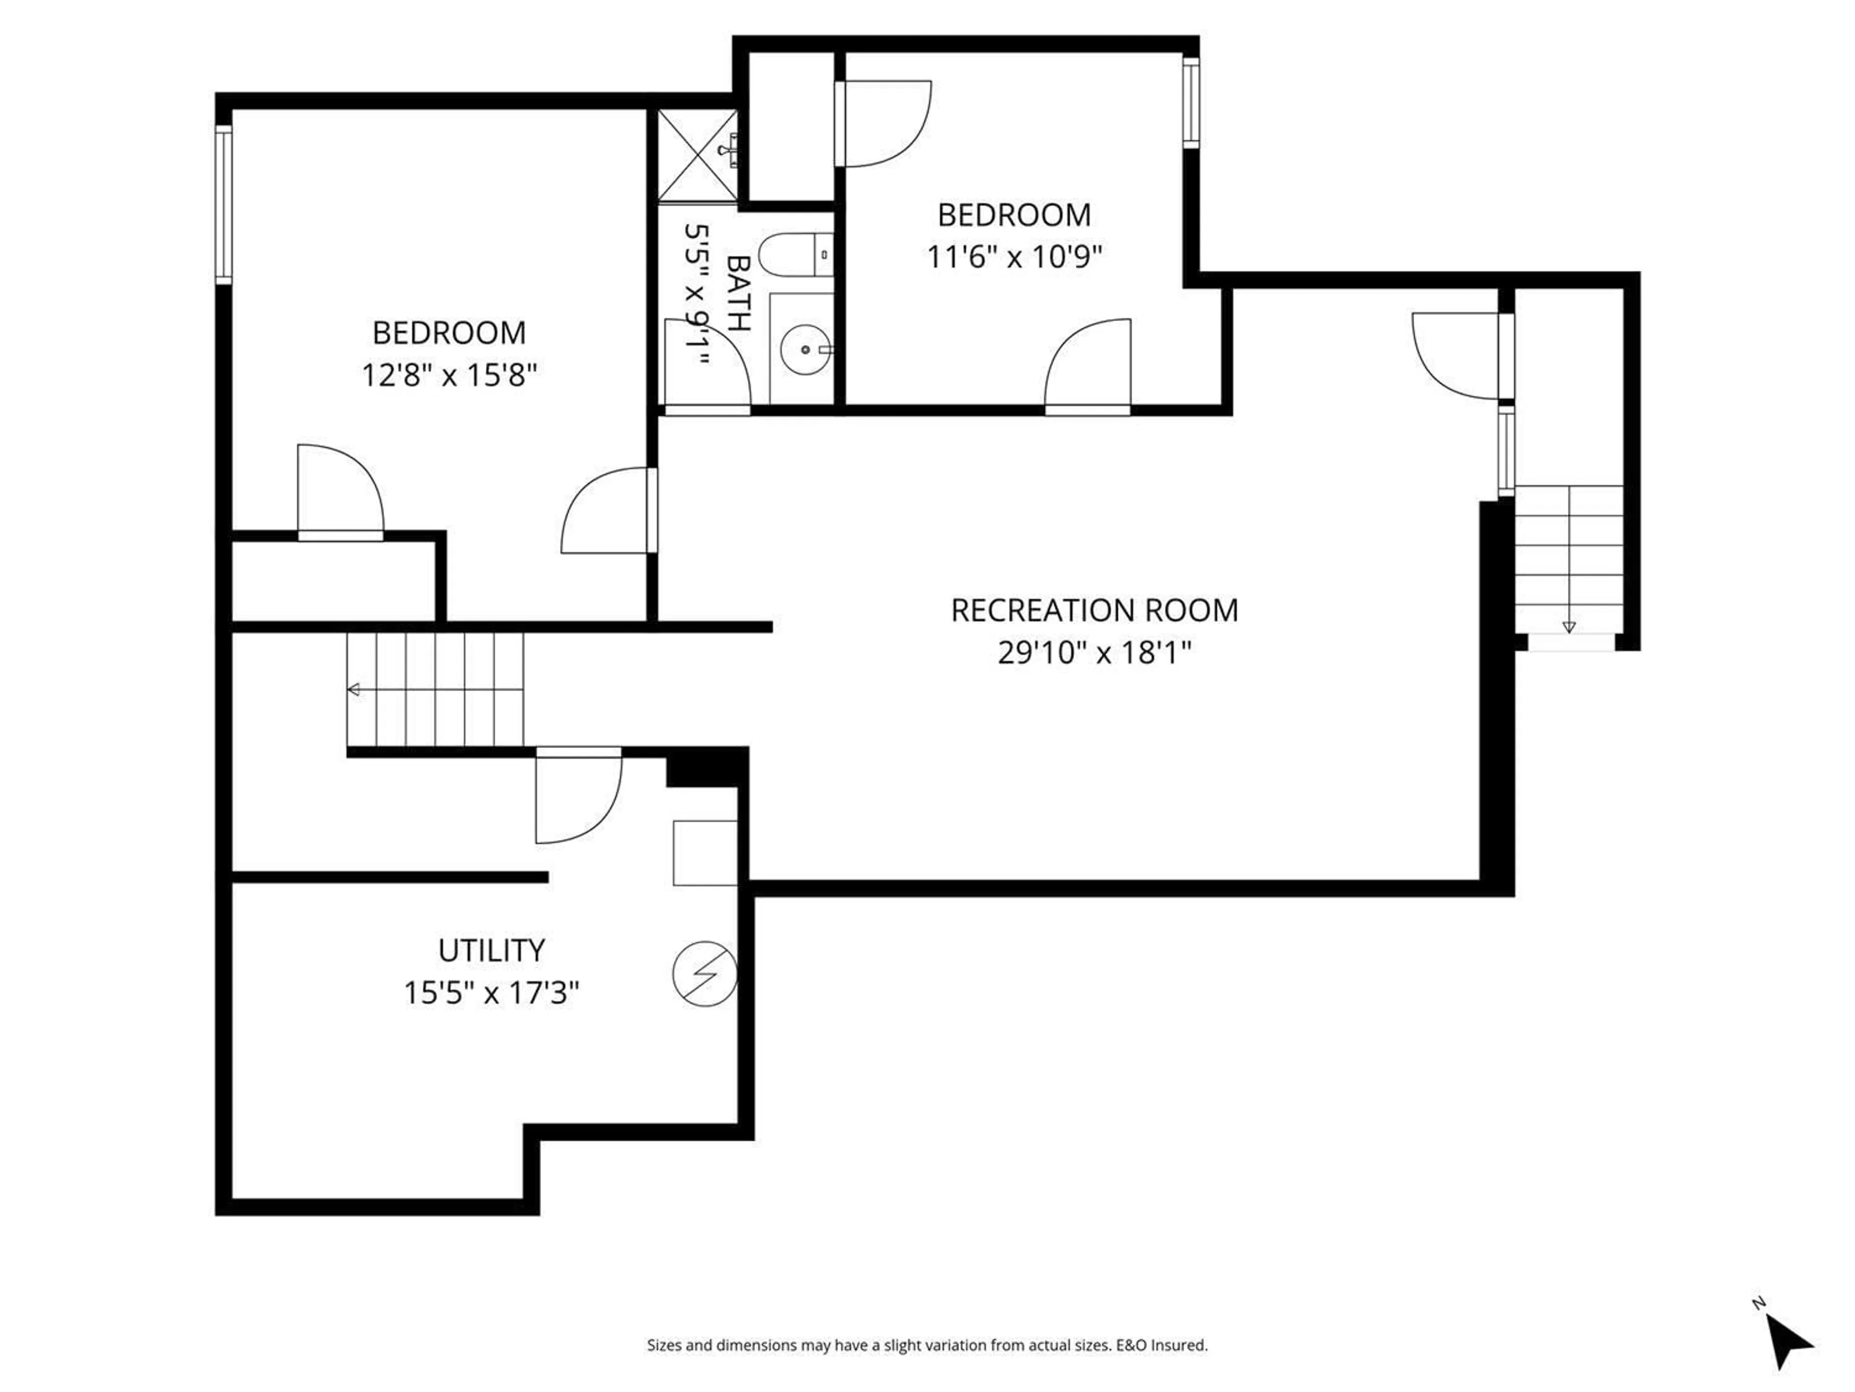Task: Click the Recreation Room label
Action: click(x=1094, y=610)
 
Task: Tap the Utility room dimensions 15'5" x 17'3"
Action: click(x=491, y=993)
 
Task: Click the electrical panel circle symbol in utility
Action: click(x=704, y=973)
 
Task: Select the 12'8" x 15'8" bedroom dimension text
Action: click(x=449, y=375)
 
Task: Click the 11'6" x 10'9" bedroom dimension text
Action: click(x=1014, y=256)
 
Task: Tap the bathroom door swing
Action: click(x=706, y=365)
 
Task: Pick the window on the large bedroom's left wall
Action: click(x=223, y=204)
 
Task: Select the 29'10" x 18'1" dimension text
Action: click(x=1094, y=652)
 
